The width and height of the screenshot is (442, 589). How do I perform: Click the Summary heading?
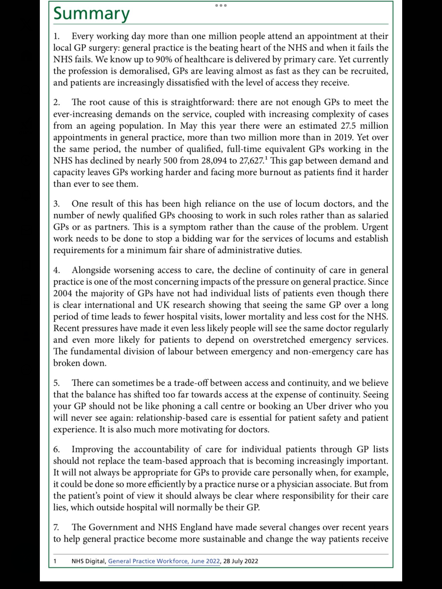pos(91,14)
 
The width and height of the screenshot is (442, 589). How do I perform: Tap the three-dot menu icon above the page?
pos(221,5)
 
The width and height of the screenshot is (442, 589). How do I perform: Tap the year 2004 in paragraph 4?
pos(63,293)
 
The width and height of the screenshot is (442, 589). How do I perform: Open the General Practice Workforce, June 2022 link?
pos(164,561)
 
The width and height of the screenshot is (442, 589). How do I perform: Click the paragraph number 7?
pos(56,527)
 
